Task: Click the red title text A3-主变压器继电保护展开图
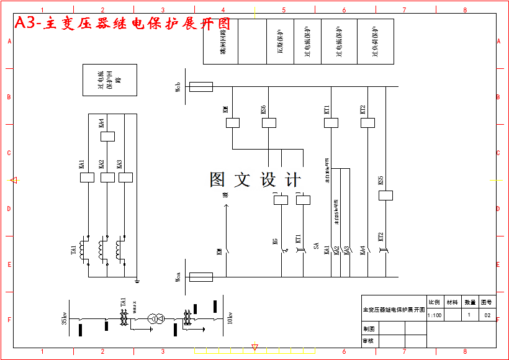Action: click(x=122, y=24)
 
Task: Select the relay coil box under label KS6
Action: click(x=269, y=123)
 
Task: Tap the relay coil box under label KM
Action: click(x=233, y=123)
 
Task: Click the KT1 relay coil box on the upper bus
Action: click(x=331, y=123)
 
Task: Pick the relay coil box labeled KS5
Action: click(x=385, y=196)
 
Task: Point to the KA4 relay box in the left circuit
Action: click(x=107, y=136)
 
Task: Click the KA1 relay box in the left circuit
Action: click(x=87, y=178)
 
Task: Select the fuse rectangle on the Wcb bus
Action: click(x=201, y=87)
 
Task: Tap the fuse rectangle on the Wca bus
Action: click(x=201, y=277)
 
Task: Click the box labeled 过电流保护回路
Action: click(x=110, y=79)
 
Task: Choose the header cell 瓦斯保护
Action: click(x=280, y=42)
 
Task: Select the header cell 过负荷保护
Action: click(x=375, y=42)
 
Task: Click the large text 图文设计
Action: click(x=255, y=180)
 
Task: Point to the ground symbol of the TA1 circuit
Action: click(x=137, y=281)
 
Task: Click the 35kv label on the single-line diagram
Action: click(x=65, y=319)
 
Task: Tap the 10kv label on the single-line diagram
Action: click(x=230, y=318)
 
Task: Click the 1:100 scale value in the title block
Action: click(x=435, y=315)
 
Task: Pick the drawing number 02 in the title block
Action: click(x=487, y=315)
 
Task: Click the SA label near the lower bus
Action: click(x=317, y=247)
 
